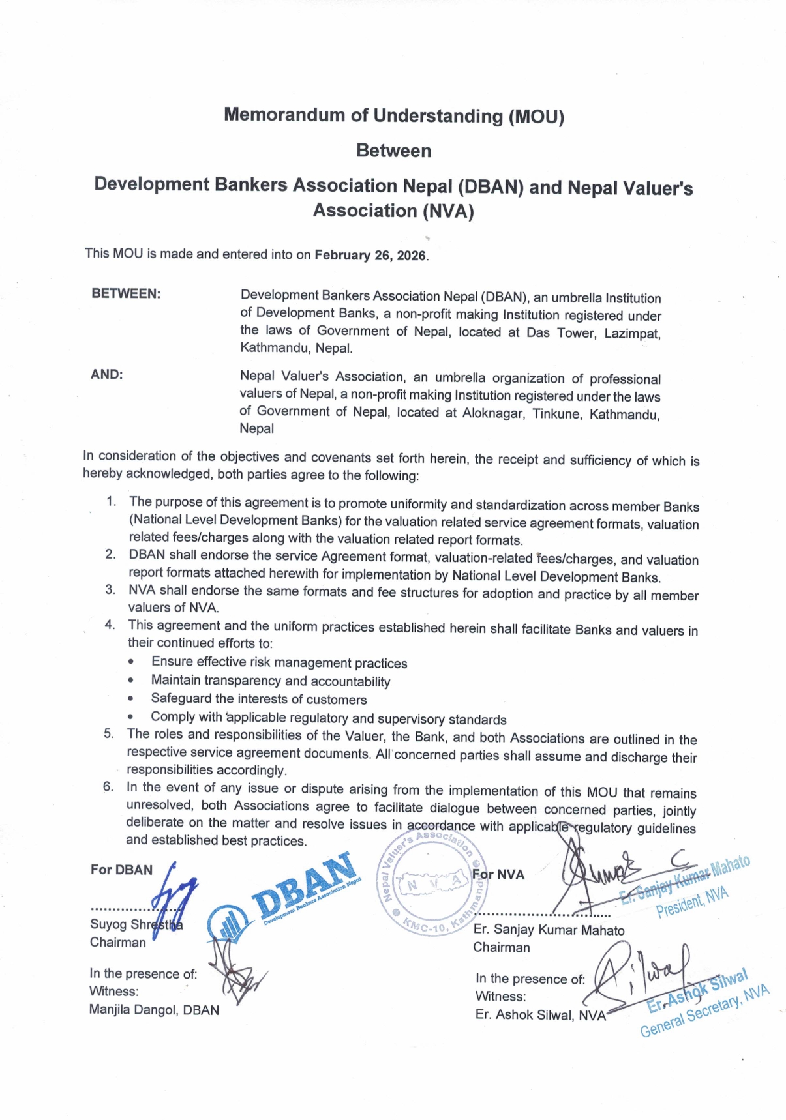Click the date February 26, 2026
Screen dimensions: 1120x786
(370, 255)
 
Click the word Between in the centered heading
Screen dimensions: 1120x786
(393, 151)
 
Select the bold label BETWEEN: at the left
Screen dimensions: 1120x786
(126, 293)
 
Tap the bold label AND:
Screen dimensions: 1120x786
(107, 374)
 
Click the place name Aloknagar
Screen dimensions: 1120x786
(493, 413)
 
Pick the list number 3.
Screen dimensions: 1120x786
(111, 589)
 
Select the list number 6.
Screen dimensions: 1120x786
(108, 786)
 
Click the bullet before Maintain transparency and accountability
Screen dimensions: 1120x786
(132, 680)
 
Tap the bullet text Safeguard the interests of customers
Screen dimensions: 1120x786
(258, 699)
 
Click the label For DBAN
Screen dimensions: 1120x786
(121, 870)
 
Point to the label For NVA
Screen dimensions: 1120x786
(498, 874)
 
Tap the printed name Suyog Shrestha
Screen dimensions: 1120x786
(136, 924)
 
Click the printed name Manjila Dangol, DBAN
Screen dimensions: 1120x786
(154, 1010)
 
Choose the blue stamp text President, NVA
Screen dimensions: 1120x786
(692, 902)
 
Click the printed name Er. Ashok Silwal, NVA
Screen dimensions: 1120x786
(540, 1015)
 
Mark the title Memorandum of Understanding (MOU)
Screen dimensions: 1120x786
(393, 115)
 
